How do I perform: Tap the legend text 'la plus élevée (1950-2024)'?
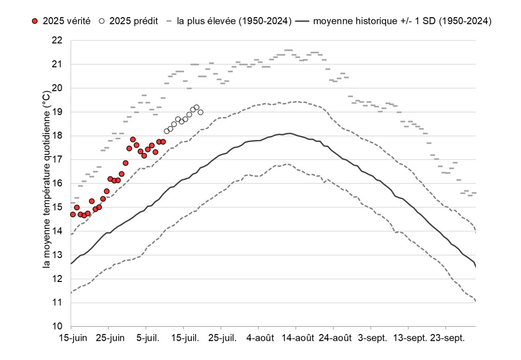click(x=234, y=21)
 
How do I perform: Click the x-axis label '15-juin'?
click(x=71, y=338)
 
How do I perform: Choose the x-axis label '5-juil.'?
click(x=146, y=338)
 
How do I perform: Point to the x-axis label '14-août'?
click(x=297, y=338)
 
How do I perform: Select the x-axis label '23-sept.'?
click(x=447, y=338)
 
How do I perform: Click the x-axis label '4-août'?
click(x=259, y=338)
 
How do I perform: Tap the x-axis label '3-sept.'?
click(x=372, y=338)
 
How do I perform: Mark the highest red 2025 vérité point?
click(x=133, y=139)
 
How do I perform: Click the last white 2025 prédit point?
click(x=201, y=112)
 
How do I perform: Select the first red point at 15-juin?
click(x=72, y=214)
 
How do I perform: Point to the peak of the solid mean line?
click(x=289, y=133)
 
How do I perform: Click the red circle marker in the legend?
click(x=34, y=21)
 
